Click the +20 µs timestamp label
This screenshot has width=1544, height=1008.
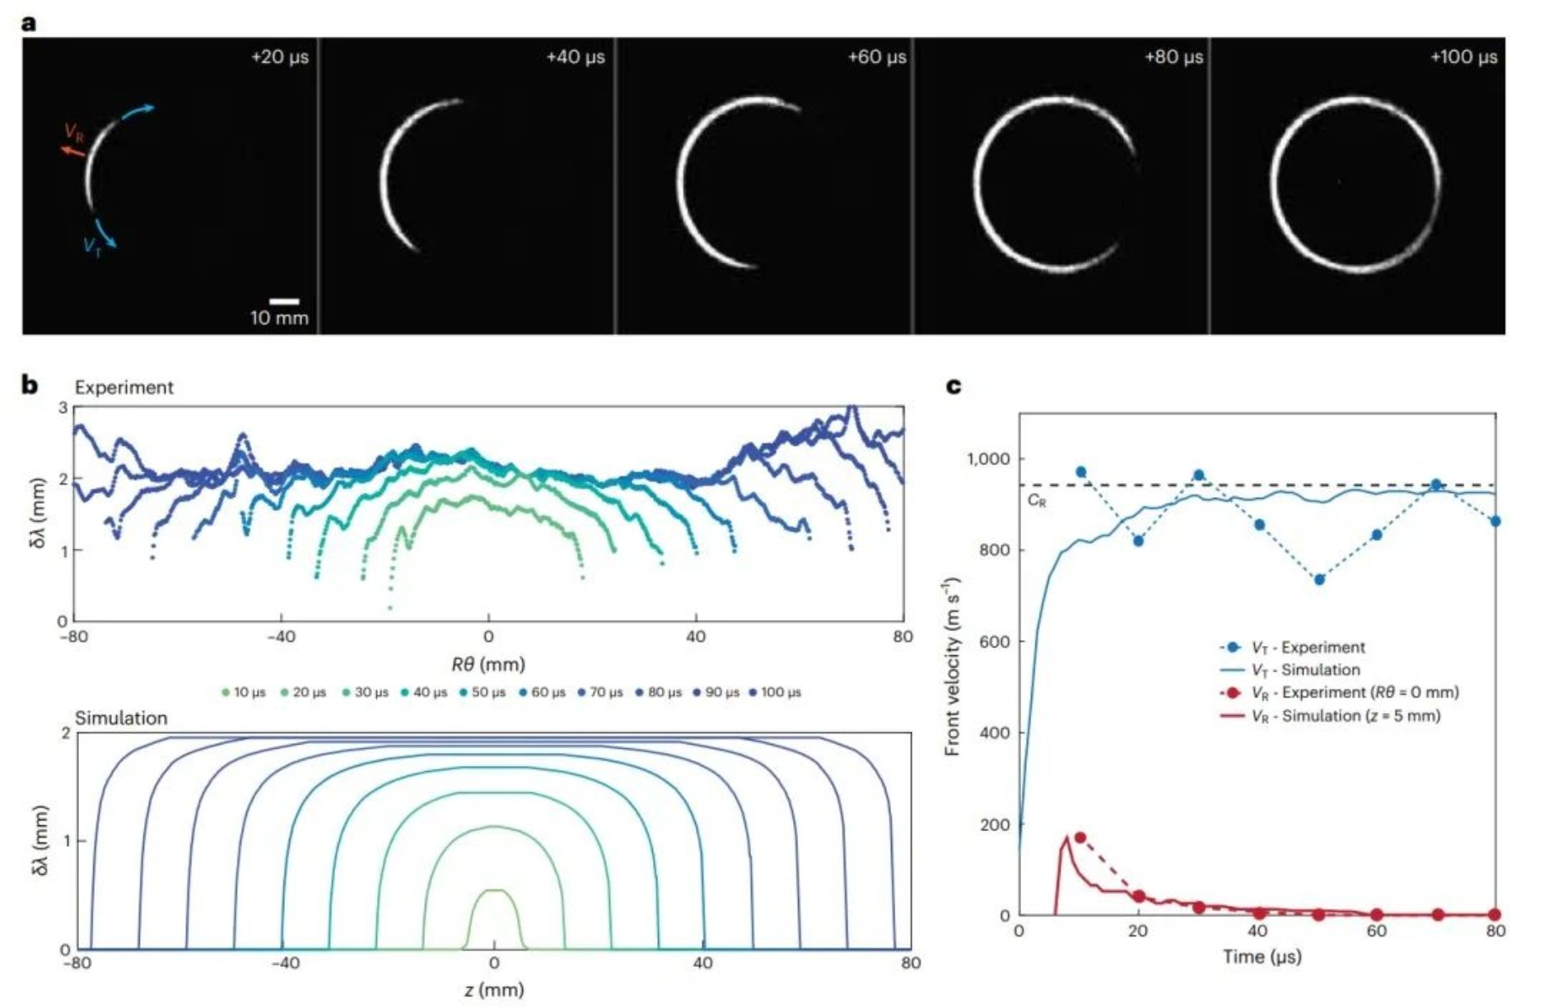coord(279,58)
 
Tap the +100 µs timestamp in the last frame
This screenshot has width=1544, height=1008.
coord(1463,58)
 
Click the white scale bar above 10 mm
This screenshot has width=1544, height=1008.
coord(284,301)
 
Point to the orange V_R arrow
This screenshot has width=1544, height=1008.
coord(72,151)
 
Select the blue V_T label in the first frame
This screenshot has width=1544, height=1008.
coord(92,245)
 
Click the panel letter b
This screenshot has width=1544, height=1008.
coord(30,384)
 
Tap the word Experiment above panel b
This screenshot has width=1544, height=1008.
coord(124,388)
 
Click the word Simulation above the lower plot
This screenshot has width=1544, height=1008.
coord(121,718)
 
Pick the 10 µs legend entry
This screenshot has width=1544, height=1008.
coord(244,693)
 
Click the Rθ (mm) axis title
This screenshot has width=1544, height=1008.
coord(488,664)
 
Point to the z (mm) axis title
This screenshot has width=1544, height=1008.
coord(494,990)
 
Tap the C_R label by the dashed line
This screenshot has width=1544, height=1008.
coord(1037,500)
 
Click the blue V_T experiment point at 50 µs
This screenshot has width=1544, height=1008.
coord(1319,580)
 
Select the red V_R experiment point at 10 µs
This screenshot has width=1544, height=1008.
coord(1080,838)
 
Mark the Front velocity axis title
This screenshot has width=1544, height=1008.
coord(953,667)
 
